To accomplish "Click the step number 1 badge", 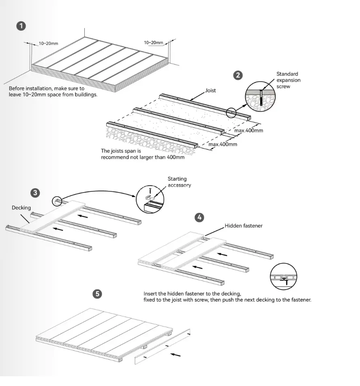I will click(21, 26).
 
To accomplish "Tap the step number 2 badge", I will click(238, 75).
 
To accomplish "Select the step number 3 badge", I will click(36, 193).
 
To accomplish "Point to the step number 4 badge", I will click(199, 217).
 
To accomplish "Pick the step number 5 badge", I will click(97, 294).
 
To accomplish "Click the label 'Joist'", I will click(210, 91).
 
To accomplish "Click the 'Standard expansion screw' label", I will click(288, 80).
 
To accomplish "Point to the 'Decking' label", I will click(21, 208).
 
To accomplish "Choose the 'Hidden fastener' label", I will click(243, 226).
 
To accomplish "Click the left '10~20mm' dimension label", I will click(49, 43).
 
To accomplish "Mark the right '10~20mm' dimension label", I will click(153, 43).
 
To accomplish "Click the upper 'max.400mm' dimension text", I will click(249, 131).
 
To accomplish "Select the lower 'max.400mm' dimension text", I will click(223, 144).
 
